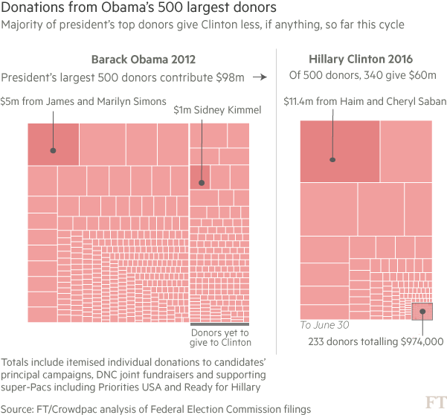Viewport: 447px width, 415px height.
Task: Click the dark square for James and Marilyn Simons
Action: (x=53, y=144)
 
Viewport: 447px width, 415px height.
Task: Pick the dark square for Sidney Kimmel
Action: (x=199, y=176)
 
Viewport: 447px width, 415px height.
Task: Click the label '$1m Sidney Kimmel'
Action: (x=217, y=110)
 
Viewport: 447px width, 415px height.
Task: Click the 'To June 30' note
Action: (x=324, y=326)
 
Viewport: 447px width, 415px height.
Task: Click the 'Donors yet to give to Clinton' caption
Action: (x=222, y=338)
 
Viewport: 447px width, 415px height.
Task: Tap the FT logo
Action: (x=434, y=402)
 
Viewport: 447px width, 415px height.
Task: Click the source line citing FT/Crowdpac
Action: (x=155, y=409)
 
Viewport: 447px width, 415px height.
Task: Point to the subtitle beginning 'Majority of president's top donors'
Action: (x=202, y=25)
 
